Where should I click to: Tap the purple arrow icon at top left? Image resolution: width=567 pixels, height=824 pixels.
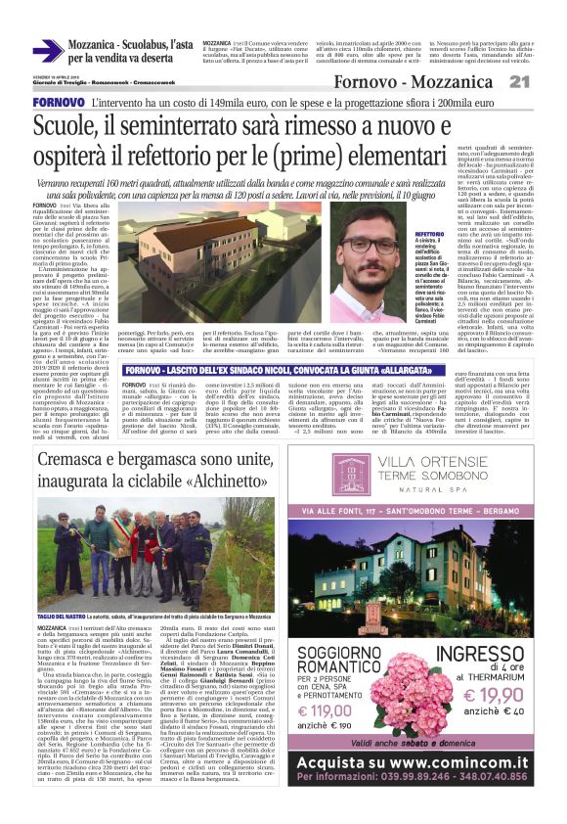pyautogui.click(x=47, y=50)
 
